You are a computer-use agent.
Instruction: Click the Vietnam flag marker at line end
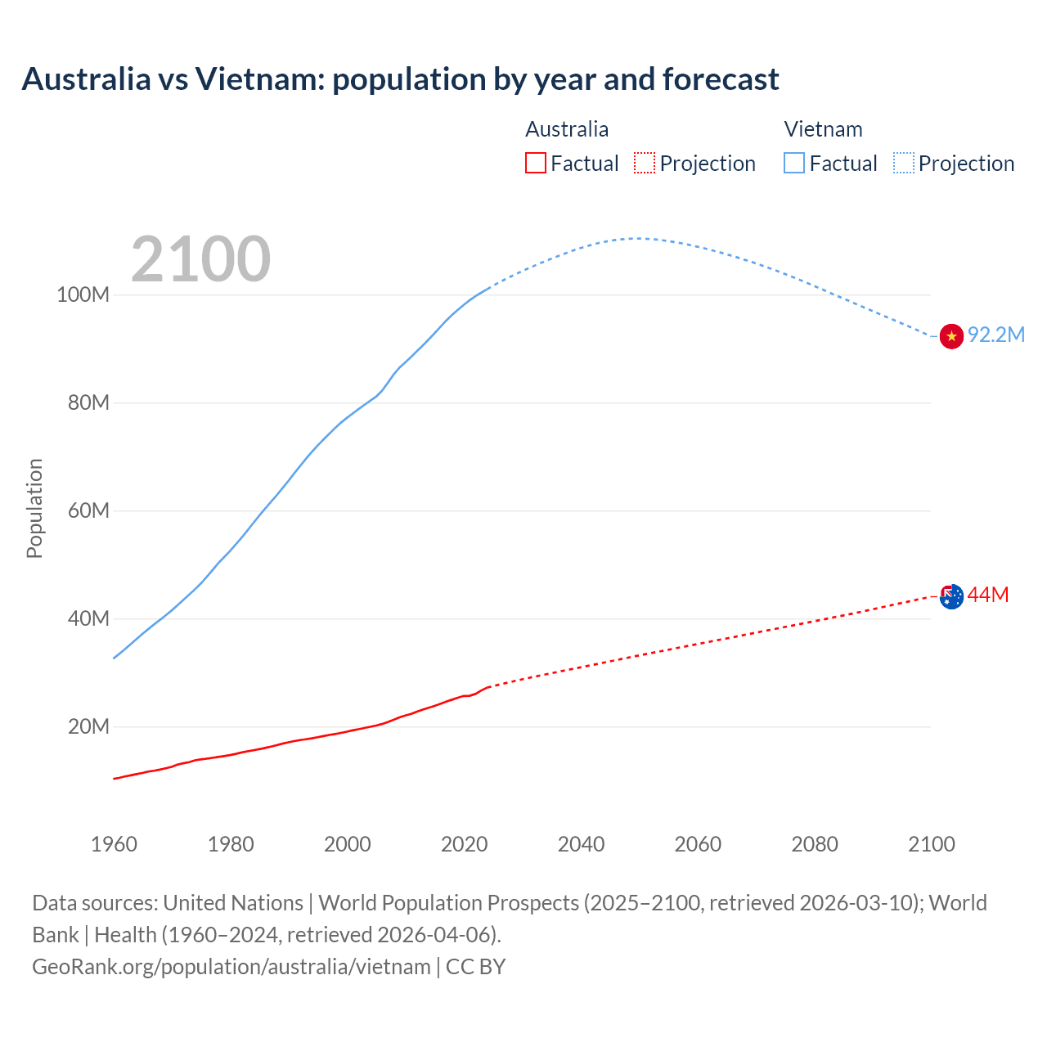[x=951, y=335]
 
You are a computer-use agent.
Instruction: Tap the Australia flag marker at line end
[x=951, y=596]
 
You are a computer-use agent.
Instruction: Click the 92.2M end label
[x=996, y=335]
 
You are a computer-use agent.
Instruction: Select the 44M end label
[x=988, y=595]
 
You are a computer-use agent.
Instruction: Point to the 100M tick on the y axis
[x=83, y=295]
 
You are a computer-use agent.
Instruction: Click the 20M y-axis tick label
[x=88, y=727]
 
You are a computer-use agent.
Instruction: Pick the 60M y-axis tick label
[x=88, y=511]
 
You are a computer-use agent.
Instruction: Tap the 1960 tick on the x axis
[x=114, y=844]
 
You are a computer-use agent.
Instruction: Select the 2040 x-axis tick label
[x=581, y=844]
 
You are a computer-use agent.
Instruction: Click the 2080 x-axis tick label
[x=815, y=844]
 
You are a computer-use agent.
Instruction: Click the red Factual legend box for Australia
[x=536, y=164]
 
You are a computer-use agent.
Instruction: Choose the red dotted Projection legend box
[x=645, y=164]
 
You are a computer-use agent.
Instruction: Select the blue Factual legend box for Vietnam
[x=794, y=164]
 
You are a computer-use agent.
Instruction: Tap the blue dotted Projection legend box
[x=904, y=164]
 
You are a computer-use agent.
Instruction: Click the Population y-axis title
[x=34, y=509]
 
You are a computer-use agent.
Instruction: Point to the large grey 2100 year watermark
[x=200, y=259]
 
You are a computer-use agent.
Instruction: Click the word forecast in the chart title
[x=721, y=79]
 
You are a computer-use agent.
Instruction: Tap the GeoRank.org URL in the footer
[x=231, y=967]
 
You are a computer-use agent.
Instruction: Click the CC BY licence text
[x=476, y=967]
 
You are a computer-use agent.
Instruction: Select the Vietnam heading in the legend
[x=823, y=129]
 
